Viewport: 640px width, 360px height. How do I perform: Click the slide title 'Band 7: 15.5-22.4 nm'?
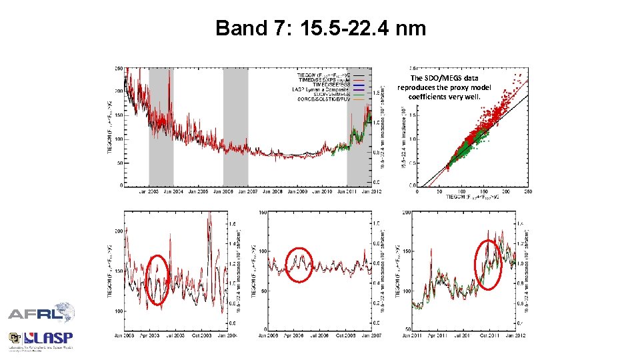[x=320, y=29]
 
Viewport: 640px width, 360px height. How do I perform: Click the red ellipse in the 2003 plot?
[x=157, y=279]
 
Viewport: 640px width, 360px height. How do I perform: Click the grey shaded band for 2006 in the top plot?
[x=235, y=127]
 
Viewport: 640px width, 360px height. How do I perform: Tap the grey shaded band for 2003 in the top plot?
[x=161, y=127]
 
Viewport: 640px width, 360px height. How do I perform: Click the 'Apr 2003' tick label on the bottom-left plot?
[x=148, y=335]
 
